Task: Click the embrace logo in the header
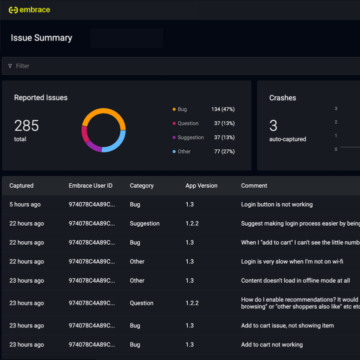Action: coord(29,10)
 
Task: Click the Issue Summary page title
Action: coord(41,38)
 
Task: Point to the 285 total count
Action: coord(26,126)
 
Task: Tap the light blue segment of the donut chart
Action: coord(115,143)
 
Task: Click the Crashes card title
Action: coord(283,98)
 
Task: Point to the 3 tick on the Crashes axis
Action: coord(336,108)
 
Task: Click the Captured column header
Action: coord(21,186)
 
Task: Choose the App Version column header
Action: coord(201,186)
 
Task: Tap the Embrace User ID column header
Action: coord(90,186)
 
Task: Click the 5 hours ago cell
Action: coord(25,205)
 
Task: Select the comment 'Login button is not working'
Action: coord(277,205)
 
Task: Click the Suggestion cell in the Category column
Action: coord(144,224)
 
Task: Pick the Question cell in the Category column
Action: coord(141,303)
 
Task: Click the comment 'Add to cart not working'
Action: coord(272,345)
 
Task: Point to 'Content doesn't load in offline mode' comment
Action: coord(295,281)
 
